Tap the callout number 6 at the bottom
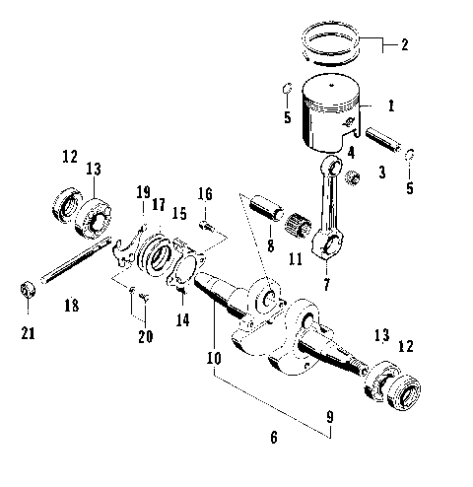(273, 436)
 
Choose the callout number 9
(330, 417)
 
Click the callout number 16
(205, 193)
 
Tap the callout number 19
(143, 192)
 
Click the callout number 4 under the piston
(349, 153)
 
